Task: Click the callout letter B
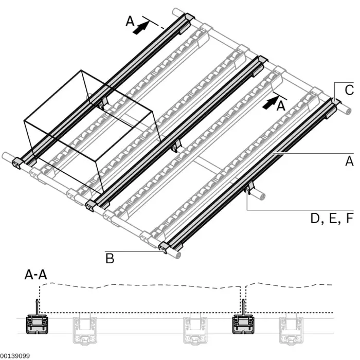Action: [x=110, y=258]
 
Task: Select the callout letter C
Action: [x=349, y=91]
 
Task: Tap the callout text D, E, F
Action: [x=332, y=219]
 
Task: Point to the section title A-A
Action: [x=36, y=275]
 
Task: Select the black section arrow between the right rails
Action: [x=268, y=103]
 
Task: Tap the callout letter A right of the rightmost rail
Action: [x=349, y=161]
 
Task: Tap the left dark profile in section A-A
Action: [x=37, y=325]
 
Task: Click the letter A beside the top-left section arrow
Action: [x=130, y=21]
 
